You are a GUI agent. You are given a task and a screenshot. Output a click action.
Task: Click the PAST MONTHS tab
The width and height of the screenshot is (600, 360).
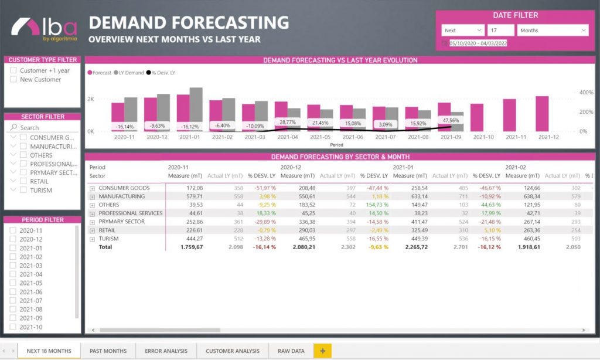click(108, 351)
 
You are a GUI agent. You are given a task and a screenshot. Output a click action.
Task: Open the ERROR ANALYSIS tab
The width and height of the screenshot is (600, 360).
click(166, 351)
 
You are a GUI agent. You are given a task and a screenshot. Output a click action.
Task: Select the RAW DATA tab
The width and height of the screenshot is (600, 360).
click(291, 351)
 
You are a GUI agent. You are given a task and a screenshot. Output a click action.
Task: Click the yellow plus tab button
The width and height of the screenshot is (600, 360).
click(322, 351)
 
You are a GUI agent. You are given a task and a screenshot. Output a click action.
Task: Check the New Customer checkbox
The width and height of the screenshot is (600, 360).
click(13, 79)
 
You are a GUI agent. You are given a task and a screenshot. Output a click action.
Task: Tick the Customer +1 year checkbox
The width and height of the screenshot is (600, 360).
click(13, 70)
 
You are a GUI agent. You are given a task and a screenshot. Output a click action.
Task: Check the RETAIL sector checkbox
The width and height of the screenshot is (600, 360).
click(24, 181)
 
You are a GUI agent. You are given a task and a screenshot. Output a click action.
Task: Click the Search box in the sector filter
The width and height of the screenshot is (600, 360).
click(44, 127)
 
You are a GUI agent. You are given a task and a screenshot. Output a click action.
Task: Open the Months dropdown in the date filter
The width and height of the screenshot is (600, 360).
click(553, 30)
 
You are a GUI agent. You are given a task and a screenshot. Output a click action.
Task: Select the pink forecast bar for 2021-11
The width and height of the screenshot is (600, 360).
click(509, 115)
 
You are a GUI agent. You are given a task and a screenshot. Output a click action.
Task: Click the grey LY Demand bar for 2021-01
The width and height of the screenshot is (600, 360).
click(196, 110)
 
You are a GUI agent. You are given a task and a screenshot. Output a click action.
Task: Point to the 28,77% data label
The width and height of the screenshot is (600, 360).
click(288, 122)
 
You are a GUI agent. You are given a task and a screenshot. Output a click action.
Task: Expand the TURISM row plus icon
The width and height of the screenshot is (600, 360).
click(92, 239)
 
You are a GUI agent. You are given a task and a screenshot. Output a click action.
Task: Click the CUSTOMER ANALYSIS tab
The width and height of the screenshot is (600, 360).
click(232, 351)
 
